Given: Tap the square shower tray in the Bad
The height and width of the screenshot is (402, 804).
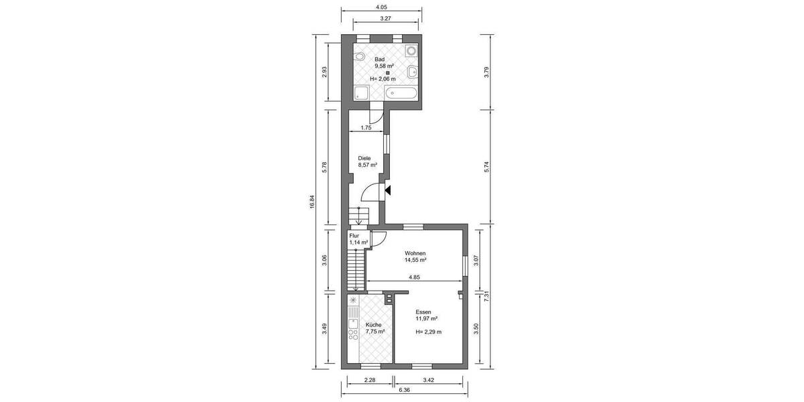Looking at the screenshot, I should [x=361, y=93].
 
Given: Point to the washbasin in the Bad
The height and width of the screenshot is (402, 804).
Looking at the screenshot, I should [x=411, y=71].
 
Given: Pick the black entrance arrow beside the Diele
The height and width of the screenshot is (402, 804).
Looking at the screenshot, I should [x=388, y=191].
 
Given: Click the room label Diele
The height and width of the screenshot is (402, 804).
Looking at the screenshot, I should [x=364, y=158].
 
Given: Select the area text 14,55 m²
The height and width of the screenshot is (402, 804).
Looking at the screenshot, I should [x=415, y=260].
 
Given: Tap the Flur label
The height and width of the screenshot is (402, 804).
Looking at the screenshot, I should [x=354, y=236].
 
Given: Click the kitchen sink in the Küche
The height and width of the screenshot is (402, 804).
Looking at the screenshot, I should [x=352, y=328].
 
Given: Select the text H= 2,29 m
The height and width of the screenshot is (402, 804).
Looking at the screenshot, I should [x=428, y=332].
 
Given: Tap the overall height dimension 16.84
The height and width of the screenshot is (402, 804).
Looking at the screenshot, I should [x=312, y=202].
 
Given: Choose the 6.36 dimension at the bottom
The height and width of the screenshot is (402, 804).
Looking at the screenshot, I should [x=404, y=389].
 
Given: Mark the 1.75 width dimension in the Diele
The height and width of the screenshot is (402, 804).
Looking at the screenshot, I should [x=366, y=127].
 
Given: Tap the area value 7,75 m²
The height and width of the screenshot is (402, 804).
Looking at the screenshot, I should [x=375, y=331].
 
